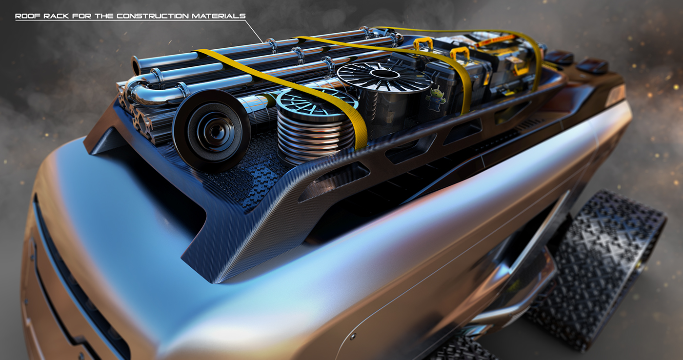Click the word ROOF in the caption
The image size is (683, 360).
(x=25, y=16)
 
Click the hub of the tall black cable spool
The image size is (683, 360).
(x=378, y=73)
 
